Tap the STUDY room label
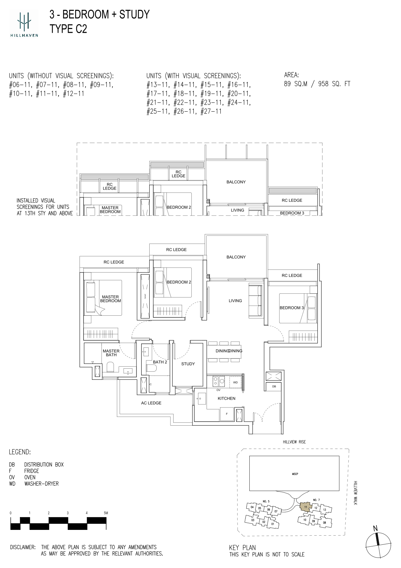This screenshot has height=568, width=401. [x=188, y=364]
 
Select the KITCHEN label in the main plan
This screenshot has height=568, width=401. [x=226, y=398]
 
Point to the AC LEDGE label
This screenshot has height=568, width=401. [x=151, y=403]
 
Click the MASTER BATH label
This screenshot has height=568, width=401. [x=111, y=353]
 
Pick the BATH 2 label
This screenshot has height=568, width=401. [x=160, y=362]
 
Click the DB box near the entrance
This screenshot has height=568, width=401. [x=274, y=387]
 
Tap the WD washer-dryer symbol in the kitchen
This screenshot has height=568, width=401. [x=235, y=382]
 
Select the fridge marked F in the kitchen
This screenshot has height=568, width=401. [x=227, y=414]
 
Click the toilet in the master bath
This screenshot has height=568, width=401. [x=111, y=367]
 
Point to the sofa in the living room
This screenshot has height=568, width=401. [x=255, y=301]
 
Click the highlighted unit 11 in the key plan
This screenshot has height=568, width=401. [x=306, y=507]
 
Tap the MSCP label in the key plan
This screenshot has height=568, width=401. [x=295, y=474]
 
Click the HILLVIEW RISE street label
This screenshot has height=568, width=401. [x=295, y=442]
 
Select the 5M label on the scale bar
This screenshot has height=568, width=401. [x=105, y=513]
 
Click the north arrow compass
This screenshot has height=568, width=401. [x=378, y=544]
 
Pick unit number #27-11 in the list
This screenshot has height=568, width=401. [x=211, y=111]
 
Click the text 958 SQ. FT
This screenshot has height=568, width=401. [x=334, y=84]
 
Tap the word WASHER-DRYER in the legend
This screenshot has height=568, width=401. [x=41, y=484]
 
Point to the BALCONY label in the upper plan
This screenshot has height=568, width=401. [x=236, y=182]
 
